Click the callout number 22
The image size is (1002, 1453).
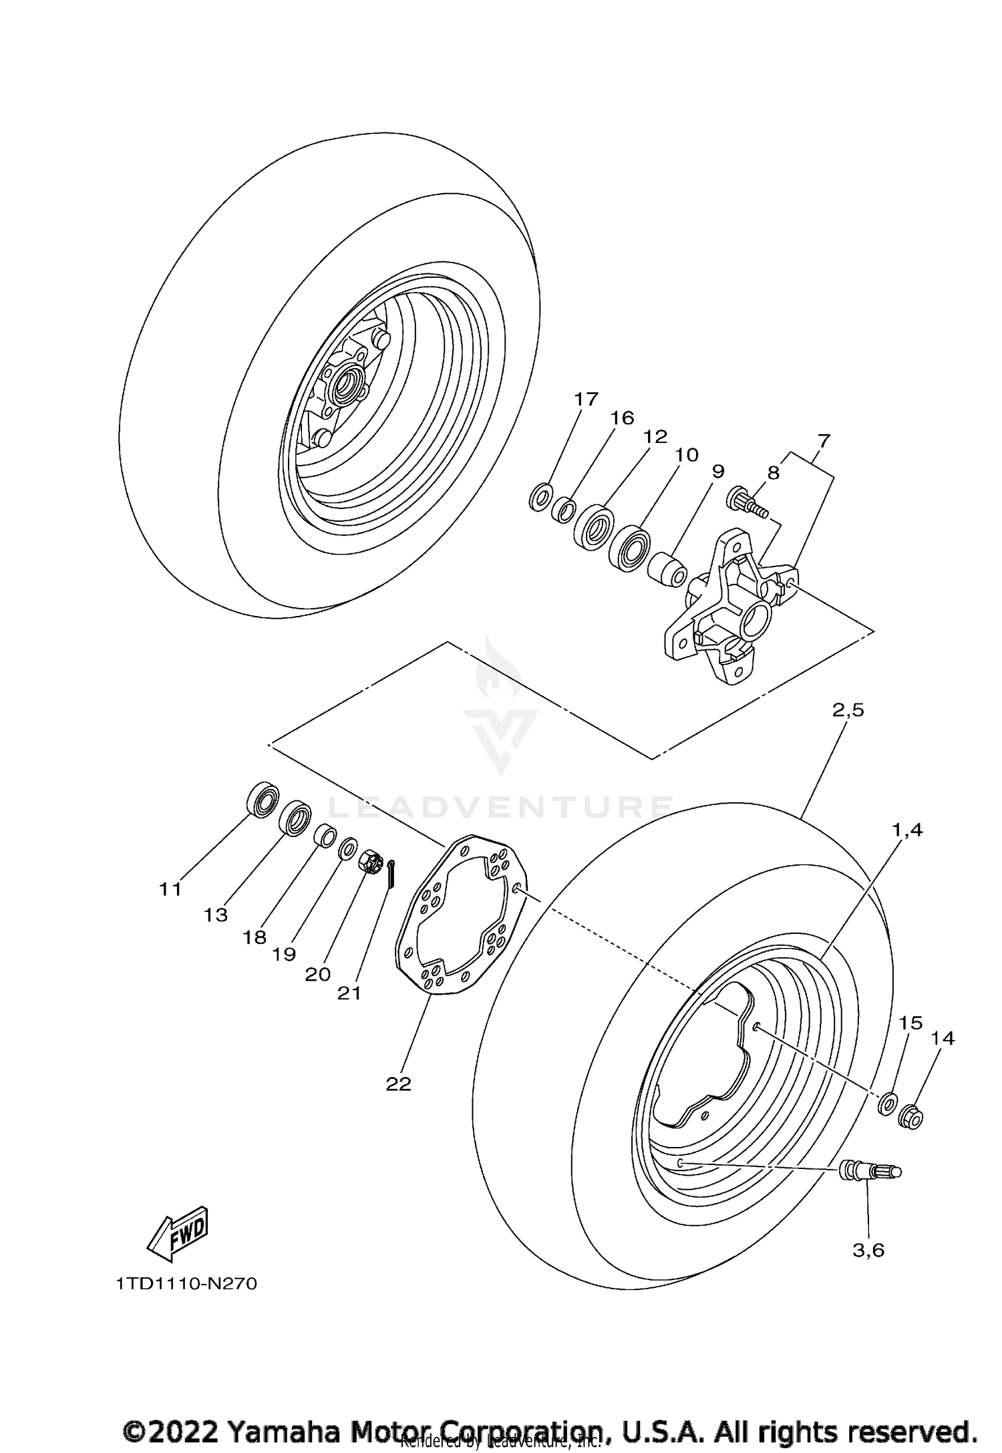tap(398, 1084)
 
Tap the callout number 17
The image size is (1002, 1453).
tap(586, 399)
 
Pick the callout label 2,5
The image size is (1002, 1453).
tap(848, 709)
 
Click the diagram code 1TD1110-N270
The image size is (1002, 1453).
tap(186, 1284)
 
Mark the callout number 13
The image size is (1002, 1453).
tap(216, 915)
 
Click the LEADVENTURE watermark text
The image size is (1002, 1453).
tap(501, 807)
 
